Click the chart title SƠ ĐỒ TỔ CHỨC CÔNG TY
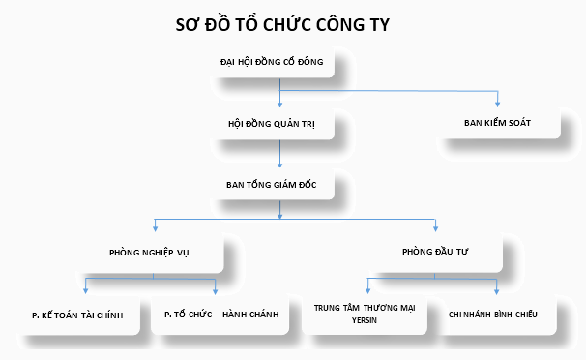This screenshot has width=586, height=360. pos(282,24)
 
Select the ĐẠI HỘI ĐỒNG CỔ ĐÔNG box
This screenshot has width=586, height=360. pos(272,62)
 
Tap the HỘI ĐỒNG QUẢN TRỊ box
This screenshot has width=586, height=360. pos(272,124)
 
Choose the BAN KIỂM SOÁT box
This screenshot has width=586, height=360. pos(498,123)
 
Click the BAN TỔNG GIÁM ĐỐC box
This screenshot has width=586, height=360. pos(272,184)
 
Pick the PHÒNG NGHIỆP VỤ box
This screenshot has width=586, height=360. pos(149,253)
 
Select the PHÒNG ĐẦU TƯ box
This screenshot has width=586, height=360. pos(435,252)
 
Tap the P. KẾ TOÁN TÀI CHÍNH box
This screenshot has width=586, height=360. pos(77,315)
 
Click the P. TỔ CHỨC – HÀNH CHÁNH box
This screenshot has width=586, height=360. pos(221,315)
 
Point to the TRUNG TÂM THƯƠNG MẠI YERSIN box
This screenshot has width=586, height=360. pos(365,314)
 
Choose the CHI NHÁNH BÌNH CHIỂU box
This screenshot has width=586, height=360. pos(493,315)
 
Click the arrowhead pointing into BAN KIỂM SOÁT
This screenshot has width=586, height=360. pos(497,105)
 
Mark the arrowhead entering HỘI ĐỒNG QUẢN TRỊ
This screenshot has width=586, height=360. pos(279,105)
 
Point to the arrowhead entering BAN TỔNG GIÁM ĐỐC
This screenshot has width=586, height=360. pos(279,165)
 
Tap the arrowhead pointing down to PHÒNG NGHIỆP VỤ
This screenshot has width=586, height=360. pos(155,228)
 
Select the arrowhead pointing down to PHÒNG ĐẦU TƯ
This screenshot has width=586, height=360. pos(435,228)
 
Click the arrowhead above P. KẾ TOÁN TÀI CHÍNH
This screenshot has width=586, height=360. pos(86,291)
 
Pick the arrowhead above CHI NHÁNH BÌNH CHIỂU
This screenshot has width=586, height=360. pos(496,291)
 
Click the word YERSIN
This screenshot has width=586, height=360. pos(365,320)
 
